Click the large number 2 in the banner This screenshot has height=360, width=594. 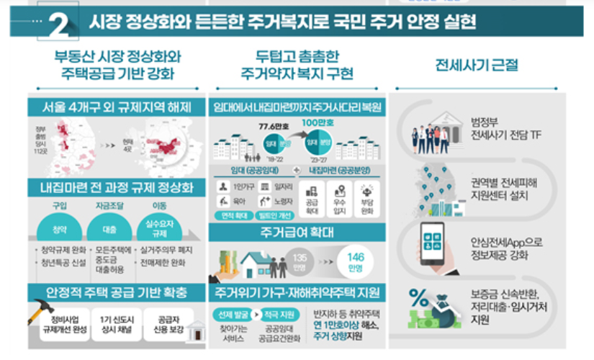60,25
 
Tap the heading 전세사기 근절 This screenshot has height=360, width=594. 477,66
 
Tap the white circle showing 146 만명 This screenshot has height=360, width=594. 356,260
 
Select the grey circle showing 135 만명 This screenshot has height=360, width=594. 299,260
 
